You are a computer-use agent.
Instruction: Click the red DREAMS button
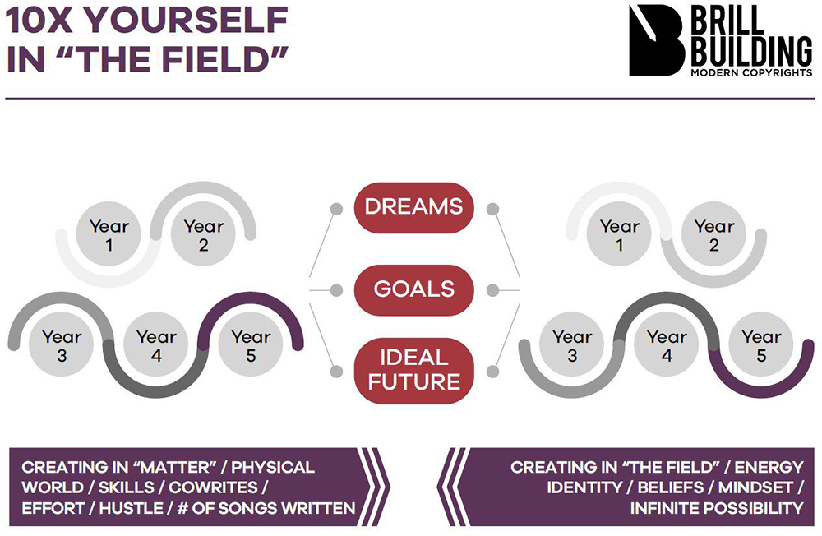click(414, 208)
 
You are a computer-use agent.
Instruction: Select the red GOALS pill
click(414, 290)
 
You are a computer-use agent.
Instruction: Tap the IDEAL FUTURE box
click(414, 371)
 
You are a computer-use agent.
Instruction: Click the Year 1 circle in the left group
click(109, 234)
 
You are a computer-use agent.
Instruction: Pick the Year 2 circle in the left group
click(203, 234)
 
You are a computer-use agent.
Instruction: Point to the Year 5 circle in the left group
click(251, 344)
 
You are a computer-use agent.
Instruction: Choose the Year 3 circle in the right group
click(572, 344)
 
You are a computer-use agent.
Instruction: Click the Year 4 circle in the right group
click(667, 344)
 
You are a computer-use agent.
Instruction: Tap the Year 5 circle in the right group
click(761, 344)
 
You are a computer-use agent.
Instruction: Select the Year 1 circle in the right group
click(619, 234)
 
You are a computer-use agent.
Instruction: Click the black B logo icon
click(657, 40)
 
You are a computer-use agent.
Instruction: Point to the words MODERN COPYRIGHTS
click(751, 73)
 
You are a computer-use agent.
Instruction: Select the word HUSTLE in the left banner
click(131, 508)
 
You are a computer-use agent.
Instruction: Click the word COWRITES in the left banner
click(213, 487)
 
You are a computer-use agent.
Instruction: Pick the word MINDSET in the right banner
click(755, 487)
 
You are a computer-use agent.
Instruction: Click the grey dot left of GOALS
click(336, 290)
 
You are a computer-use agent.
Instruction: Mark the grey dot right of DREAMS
click(492, 210)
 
